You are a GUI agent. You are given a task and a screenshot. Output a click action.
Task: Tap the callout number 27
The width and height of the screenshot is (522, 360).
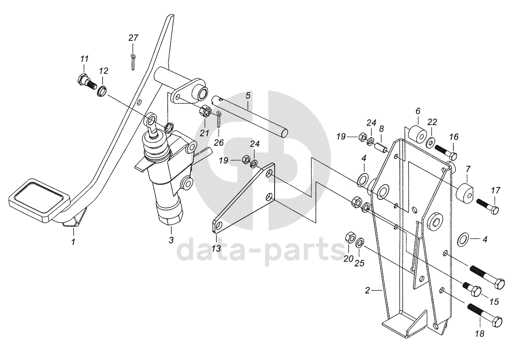(133, 38)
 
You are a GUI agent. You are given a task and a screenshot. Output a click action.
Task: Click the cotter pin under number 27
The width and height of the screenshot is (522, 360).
(133, 61)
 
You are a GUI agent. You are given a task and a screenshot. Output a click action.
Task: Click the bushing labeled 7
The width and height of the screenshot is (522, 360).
(466, 193)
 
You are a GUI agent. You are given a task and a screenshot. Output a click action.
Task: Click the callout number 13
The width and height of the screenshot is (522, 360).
(217, 248)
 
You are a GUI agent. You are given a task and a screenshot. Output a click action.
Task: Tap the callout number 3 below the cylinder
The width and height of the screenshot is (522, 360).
(171, 240)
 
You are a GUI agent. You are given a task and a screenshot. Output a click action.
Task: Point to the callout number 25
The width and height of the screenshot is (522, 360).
(360, 263)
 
